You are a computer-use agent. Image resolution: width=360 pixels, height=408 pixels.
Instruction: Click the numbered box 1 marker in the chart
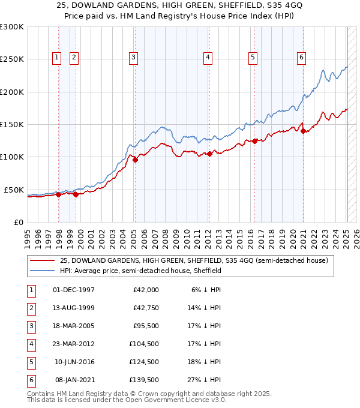(x=56, y=58)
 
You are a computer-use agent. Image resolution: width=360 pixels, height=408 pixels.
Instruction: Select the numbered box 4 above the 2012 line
(x=208, y=58)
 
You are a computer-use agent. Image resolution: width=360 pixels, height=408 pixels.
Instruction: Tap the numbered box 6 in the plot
(x=301, y=58)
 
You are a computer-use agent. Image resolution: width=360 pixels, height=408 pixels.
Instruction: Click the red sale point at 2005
(x=135, y=160)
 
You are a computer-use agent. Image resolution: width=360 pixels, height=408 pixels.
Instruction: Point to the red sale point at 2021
(x=304, y=131)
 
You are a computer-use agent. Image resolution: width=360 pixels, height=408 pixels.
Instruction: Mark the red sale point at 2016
(x=255, y=141)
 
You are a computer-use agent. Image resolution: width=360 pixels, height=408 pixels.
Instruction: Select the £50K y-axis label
(x=14, y=190)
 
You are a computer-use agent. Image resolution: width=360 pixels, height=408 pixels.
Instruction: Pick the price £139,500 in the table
(x=144, y=379)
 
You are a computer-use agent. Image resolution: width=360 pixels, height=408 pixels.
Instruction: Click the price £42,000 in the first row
(x=146, y=290)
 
